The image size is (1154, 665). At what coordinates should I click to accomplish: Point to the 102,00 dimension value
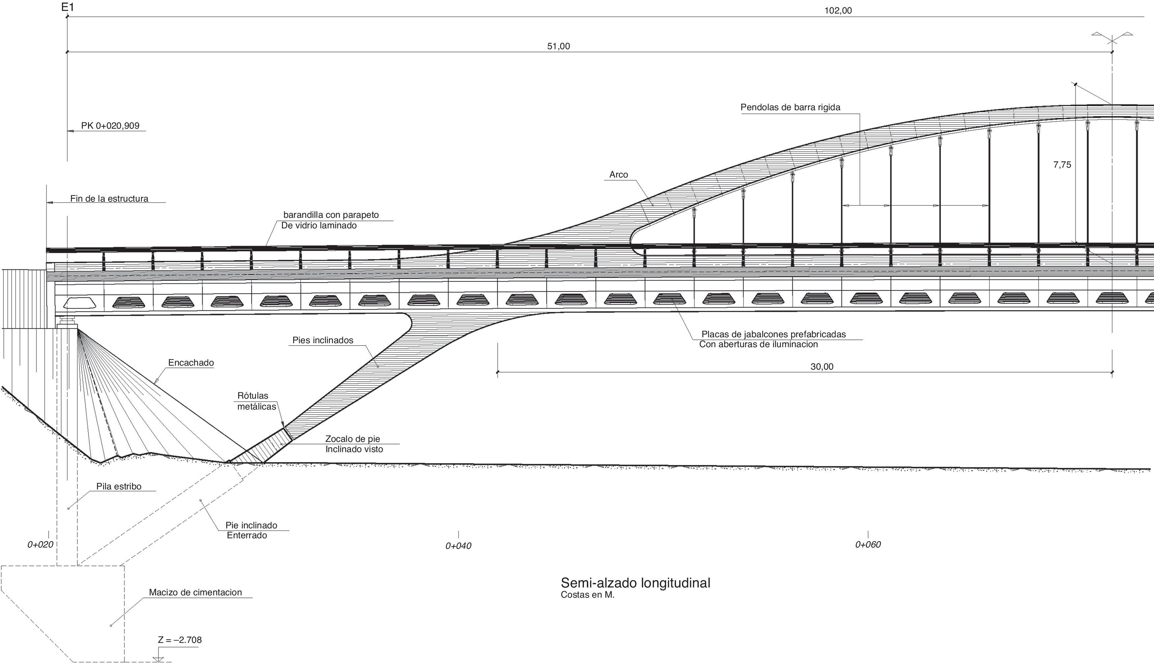838,11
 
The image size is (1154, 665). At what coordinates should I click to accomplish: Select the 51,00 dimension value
559,46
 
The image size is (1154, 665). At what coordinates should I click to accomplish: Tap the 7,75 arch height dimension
1062,165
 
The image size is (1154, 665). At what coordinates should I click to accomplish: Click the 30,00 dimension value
822,367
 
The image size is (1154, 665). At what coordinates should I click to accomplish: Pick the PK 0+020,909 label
110,126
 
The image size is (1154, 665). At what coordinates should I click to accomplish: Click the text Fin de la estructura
109,199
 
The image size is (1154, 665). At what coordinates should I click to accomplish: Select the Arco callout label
618,175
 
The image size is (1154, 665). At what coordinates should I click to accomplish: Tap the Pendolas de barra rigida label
790,107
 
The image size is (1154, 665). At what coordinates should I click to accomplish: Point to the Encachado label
191,363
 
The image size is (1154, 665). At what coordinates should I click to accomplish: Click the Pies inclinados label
322,340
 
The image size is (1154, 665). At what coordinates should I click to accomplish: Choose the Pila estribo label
119,486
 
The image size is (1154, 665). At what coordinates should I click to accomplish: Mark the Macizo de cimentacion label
195,592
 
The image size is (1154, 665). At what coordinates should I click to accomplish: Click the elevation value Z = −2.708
180,640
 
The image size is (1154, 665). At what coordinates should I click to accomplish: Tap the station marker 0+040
458,546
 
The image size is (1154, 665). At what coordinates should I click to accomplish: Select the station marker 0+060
868,545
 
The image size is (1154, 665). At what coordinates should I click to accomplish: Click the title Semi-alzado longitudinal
635,583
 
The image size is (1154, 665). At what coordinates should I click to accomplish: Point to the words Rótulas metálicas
257,401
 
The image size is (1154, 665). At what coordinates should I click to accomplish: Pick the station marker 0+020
40,545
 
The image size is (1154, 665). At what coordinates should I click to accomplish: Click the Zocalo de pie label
352,439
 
